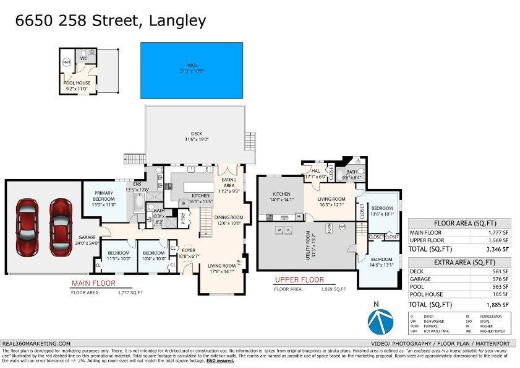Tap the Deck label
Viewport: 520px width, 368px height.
tap(196, 136)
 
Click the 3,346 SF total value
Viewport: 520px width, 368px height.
tap(497, 249)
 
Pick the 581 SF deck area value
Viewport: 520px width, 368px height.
tap(501, 271)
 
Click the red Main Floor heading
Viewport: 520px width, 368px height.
tap(93, 283)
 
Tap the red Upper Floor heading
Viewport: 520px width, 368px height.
tap(299, 280)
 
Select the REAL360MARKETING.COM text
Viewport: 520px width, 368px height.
tap(36, 343)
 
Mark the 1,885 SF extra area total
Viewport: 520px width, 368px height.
tap(497, 304)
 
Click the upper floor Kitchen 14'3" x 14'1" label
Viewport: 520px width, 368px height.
tap(281, 197)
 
